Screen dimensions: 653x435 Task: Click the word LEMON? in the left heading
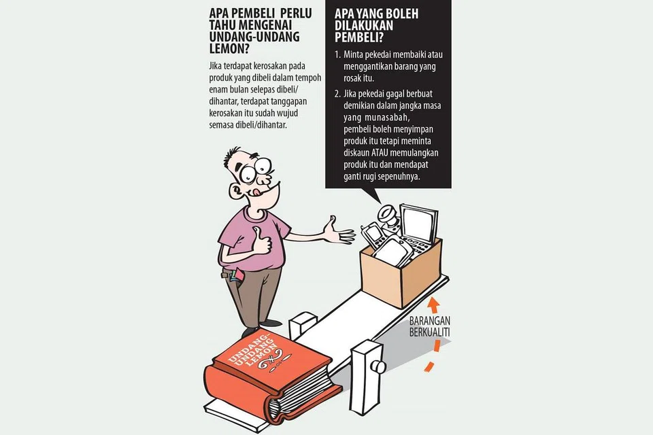click(x=229, y=49)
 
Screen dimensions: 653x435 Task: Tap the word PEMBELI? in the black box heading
click(x=359, y=37)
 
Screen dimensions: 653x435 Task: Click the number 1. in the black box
click(x=337, y=54)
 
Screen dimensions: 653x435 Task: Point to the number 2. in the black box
click(x=338, y=94)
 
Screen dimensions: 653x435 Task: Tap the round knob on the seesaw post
click(x=379, y=366)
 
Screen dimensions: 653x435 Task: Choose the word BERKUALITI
click(x=429, y=332)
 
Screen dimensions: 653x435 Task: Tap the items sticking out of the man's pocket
click(x=237, y=275)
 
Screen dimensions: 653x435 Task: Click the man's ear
click(x=237, y=190)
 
